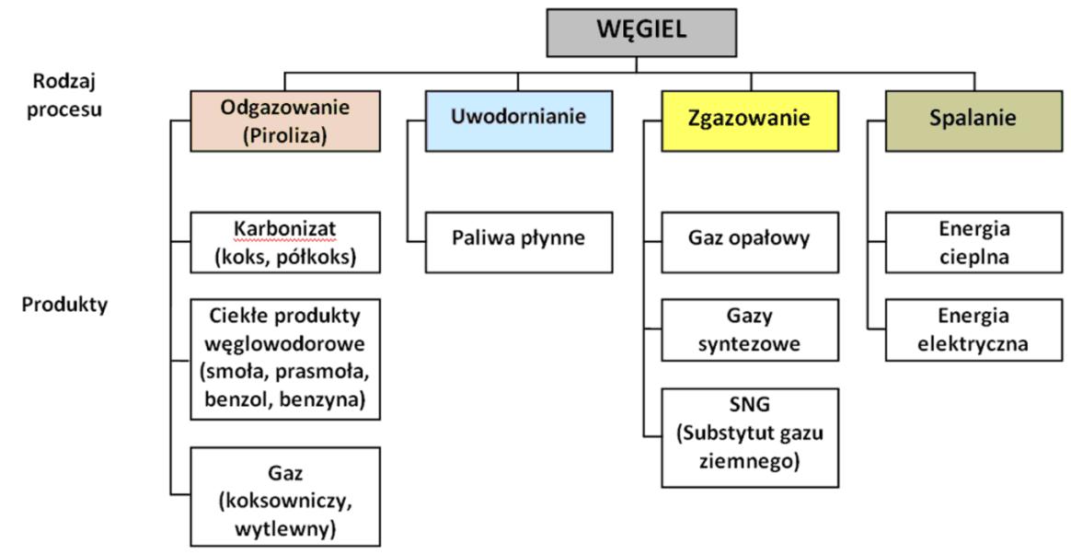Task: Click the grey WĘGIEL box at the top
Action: point(641,31)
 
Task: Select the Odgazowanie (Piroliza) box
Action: point(285,121)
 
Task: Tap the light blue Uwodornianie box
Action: point(518,121)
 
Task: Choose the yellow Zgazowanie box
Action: point(750,121)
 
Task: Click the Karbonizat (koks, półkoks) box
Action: point(285,242)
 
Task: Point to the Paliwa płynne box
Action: point(518,242)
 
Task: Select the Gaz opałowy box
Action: point(750,242)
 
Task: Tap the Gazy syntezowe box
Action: point(750,330)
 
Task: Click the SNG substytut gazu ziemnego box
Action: point(750,437)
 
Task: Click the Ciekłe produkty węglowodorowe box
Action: point(285,359)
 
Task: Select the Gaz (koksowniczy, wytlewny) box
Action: point(285,496)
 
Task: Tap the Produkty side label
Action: point(65,305)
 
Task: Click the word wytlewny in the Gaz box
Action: point(284,528)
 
